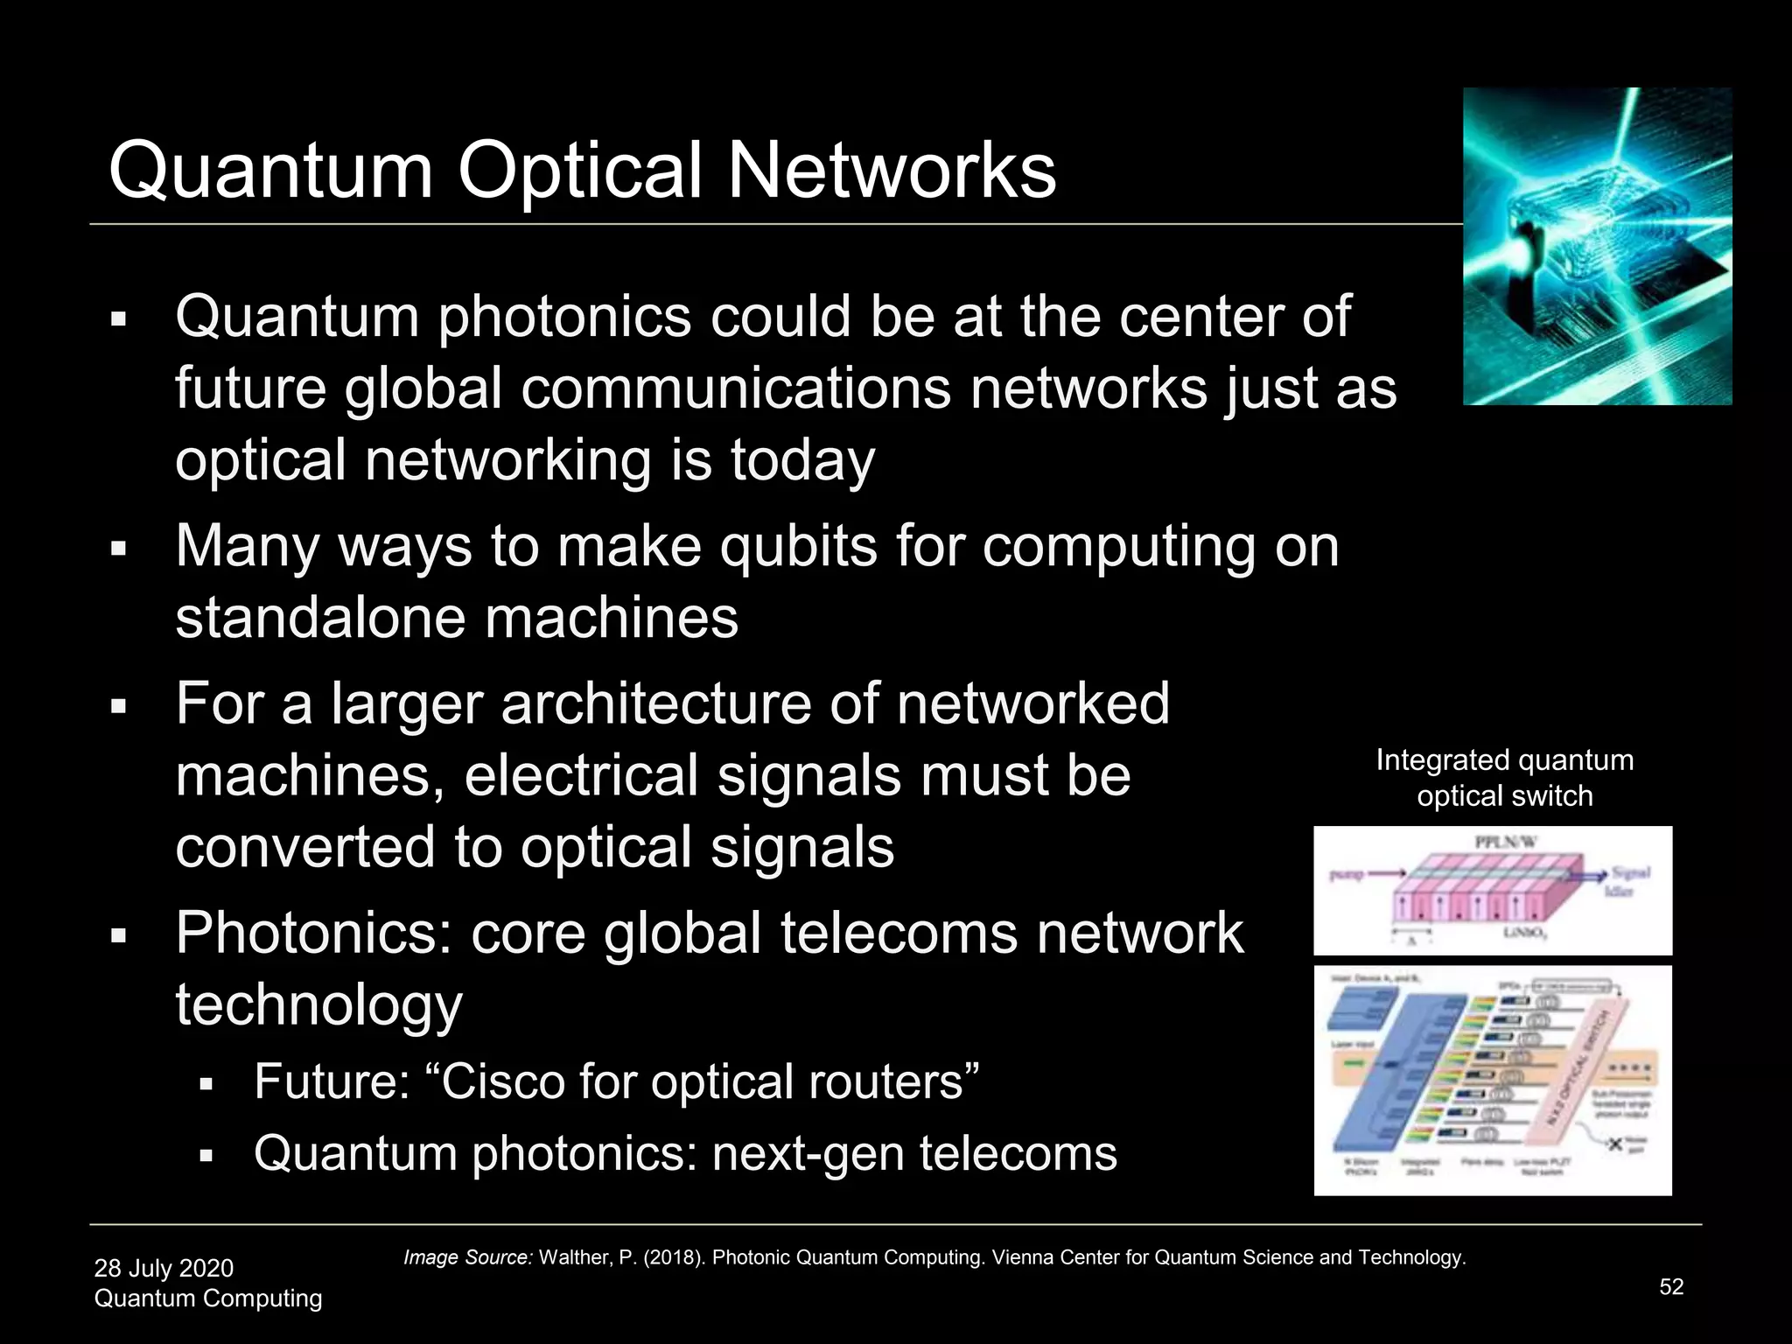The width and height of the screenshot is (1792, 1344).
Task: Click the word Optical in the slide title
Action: [581, 171]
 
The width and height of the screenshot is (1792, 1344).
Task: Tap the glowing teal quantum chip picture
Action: [1597, 246]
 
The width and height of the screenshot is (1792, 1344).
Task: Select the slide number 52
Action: [1671, 1286]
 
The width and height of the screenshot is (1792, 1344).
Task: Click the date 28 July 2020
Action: [164, 1268]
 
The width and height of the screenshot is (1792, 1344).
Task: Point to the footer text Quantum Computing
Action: [208, 1298]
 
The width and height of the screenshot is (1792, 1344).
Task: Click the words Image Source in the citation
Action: [467, 1257]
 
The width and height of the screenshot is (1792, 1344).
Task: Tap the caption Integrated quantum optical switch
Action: [1504, 778]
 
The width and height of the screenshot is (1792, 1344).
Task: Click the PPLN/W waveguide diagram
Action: [1493, 891]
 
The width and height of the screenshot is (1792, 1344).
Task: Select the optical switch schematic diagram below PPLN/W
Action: [1493, 1081]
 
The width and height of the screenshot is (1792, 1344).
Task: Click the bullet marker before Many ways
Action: [120, 549]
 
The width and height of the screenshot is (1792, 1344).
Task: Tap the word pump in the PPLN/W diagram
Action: [1347, 874]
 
